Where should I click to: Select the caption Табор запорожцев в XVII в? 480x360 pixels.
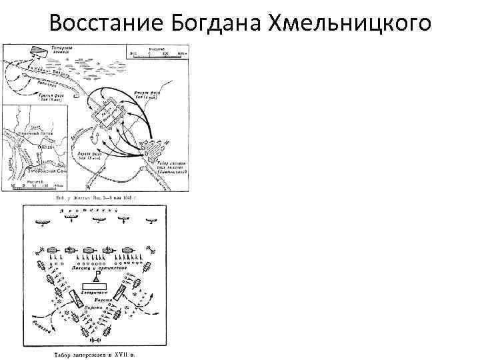tap(94, 353)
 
